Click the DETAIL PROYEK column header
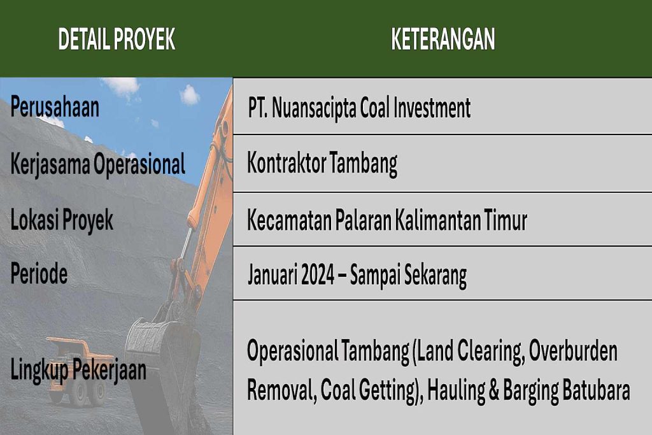point(117,39)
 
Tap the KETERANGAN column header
point(443,39)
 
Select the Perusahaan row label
point(55,107)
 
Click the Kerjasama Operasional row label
point(97,164)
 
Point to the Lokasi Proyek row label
point(62,220)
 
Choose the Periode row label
point(39,273)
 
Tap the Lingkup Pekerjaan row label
point(78,369)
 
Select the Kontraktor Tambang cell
point(322,164)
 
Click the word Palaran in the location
point(363,220)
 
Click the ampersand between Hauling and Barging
point(493,390)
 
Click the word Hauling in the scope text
point(456,391)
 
